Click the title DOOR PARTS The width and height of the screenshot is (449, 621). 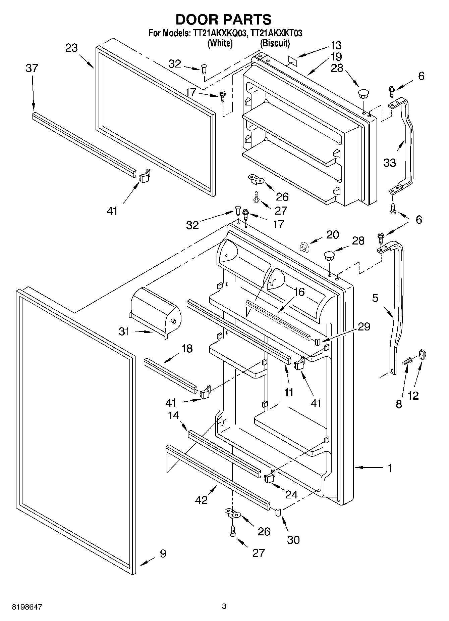(x=224, y=19)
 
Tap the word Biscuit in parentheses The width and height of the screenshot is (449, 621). (x=275, y=43)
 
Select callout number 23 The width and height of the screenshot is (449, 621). (x=71, y=48)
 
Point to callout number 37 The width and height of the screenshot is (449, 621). (x=32, y=68)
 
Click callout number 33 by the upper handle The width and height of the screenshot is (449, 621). (x=390, y=163)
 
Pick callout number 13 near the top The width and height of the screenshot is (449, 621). (x=335, y=45)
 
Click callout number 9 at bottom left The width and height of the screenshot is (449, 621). (x=163, y=553)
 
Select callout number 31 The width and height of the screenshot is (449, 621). (x=124, y=331)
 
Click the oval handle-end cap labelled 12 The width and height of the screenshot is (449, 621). (x=422, y=355)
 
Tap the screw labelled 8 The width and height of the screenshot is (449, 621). (x=407, y=362)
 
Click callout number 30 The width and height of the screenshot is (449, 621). (x=293, y=540)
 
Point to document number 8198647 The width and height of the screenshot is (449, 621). (x=27, y=607)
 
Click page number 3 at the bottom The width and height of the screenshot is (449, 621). (x=224, y=607)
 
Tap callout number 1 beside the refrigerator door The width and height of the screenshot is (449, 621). (x=390, y=468)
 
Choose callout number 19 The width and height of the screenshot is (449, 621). (x=336, y=56)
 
